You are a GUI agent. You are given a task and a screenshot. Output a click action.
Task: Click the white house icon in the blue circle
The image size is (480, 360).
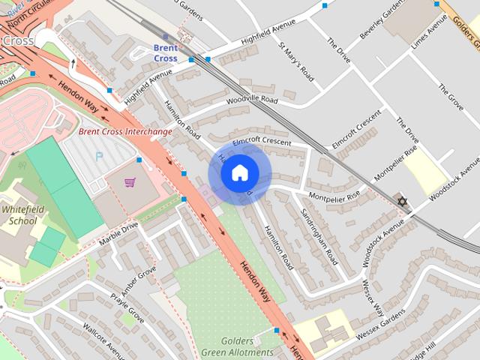click(239, 172)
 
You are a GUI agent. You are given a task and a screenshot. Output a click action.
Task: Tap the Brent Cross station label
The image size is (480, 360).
click(165, 52)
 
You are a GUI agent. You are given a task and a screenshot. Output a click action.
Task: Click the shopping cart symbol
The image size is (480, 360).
click(130, 182)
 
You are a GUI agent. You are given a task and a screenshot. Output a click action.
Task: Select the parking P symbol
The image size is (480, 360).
click(98, 157)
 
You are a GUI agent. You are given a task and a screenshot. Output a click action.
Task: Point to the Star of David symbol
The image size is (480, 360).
click(403, 201)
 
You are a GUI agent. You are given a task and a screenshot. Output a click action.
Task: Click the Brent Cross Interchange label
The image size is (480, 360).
click(125, 131)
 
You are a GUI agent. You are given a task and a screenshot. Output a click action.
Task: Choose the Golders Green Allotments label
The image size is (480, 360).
click(237, 346)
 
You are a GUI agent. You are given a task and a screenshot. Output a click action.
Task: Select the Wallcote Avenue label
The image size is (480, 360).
click(104, 340)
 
